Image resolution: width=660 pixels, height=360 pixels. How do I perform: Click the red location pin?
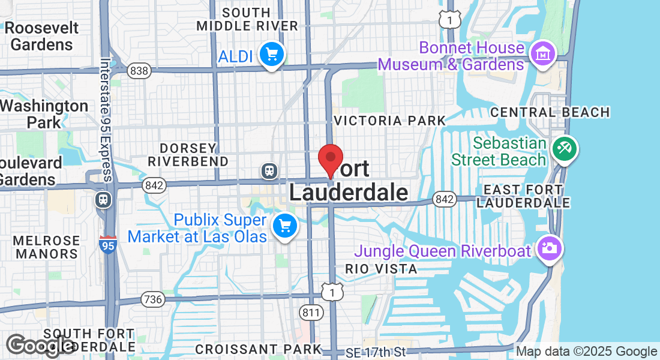pos(330,158)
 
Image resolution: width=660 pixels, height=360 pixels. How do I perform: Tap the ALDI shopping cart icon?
pos(272,55)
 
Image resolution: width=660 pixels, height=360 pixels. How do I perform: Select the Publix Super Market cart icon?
pos(284,227)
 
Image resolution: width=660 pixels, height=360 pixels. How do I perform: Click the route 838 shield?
pos(139,71)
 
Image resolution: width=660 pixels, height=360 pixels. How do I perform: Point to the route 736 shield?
pos(153,299)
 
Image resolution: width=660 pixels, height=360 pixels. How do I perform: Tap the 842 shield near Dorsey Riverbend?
pos(154,186)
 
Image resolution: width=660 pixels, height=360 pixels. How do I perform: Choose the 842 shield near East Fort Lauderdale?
pos(445,199)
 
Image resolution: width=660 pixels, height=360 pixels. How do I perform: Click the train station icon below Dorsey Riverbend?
pos(269,171)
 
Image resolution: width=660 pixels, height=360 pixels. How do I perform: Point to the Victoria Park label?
pos(390,121)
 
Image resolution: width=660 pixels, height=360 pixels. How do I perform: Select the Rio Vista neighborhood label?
pos(381,269)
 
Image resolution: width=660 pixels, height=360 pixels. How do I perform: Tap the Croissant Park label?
pos(258,349)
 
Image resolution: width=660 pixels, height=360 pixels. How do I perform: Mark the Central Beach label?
pos(550,112)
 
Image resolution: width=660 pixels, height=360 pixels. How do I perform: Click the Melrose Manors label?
pos(47,247)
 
